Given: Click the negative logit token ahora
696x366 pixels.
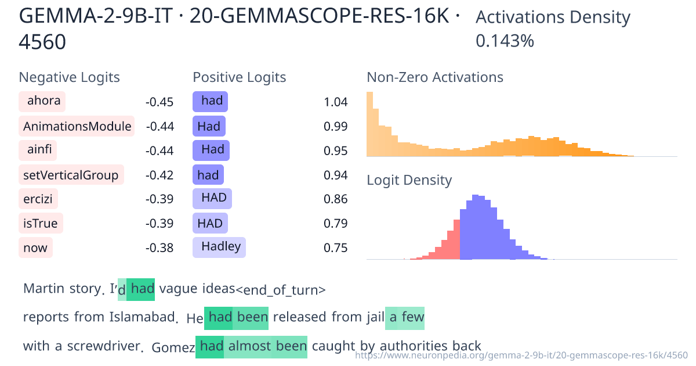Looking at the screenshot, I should click(x=42, y=102).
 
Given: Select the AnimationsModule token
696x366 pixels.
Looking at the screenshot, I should click(x=77, y=126).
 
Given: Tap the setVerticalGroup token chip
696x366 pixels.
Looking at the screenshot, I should click(x=71, y=175).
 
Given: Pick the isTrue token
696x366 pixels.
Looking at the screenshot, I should click(x=41, y=224).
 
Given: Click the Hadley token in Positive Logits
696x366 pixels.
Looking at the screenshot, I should click(x=219, y=247).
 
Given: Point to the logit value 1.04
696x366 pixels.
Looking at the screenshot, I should click(x=336, y=102).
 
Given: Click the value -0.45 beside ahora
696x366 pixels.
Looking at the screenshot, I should click(x=159, y=102).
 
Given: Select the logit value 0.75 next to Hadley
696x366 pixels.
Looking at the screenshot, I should click(x=336, y=248).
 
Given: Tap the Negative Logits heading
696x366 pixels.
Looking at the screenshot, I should click(x=70, y=77).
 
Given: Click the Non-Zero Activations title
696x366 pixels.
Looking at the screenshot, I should click(x=435, y=77).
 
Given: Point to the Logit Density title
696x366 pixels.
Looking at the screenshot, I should click(x=409, y=180).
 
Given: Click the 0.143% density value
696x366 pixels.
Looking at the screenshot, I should click(x=505, y=41).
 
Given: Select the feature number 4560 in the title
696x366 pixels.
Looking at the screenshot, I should click(x=42, y=42).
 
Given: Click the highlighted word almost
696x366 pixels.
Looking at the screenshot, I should click(x=249, y=347).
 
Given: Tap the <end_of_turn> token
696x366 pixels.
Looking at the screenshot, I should click(x=281, y=289).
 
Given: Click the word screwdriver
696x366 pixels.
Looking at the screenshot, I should click(x=104, y=347).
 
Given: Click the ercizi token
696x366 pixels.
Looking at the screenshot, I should click(x=38, y=199).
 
